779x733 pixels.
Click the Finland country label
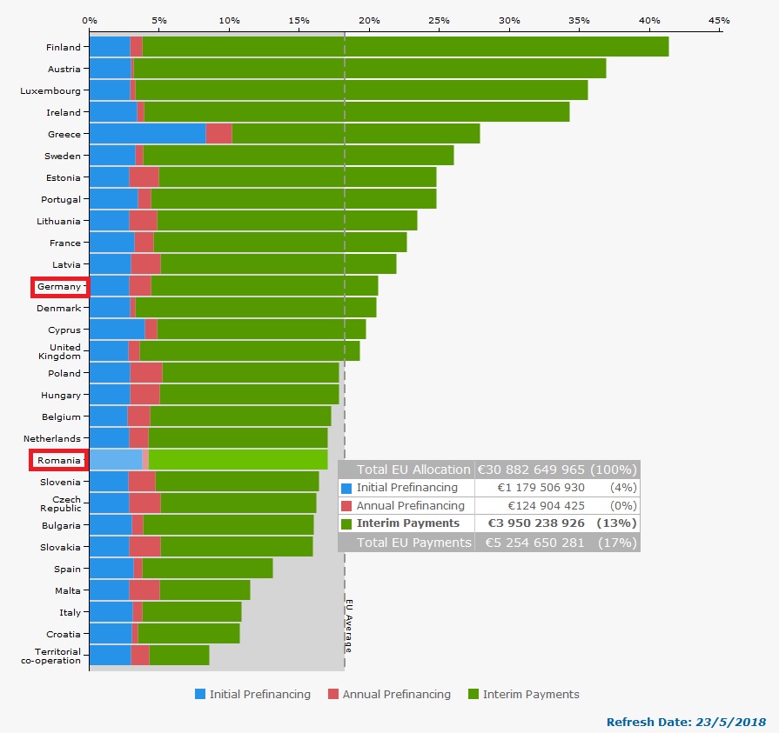tap(64, 47)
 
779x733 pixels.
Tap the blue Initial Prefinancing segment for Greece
tap(147, 134)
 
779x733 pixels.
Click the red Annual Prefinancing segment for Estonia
tap(144, 177)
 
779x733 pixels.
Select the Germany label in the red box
tap(59, 286)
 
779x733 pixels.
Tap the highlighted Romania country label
tap(58, 460)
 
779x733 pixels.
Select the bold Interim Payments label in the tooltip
tap(407, 523)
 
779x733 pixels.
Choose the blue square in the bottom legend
tap(200, 694)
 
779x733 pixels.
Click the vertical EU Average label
tap(348, 626)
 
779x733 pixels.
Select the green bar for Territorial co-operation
tap(179, 656)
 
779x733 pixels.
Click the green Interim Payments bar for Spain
tap(207, 569)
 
